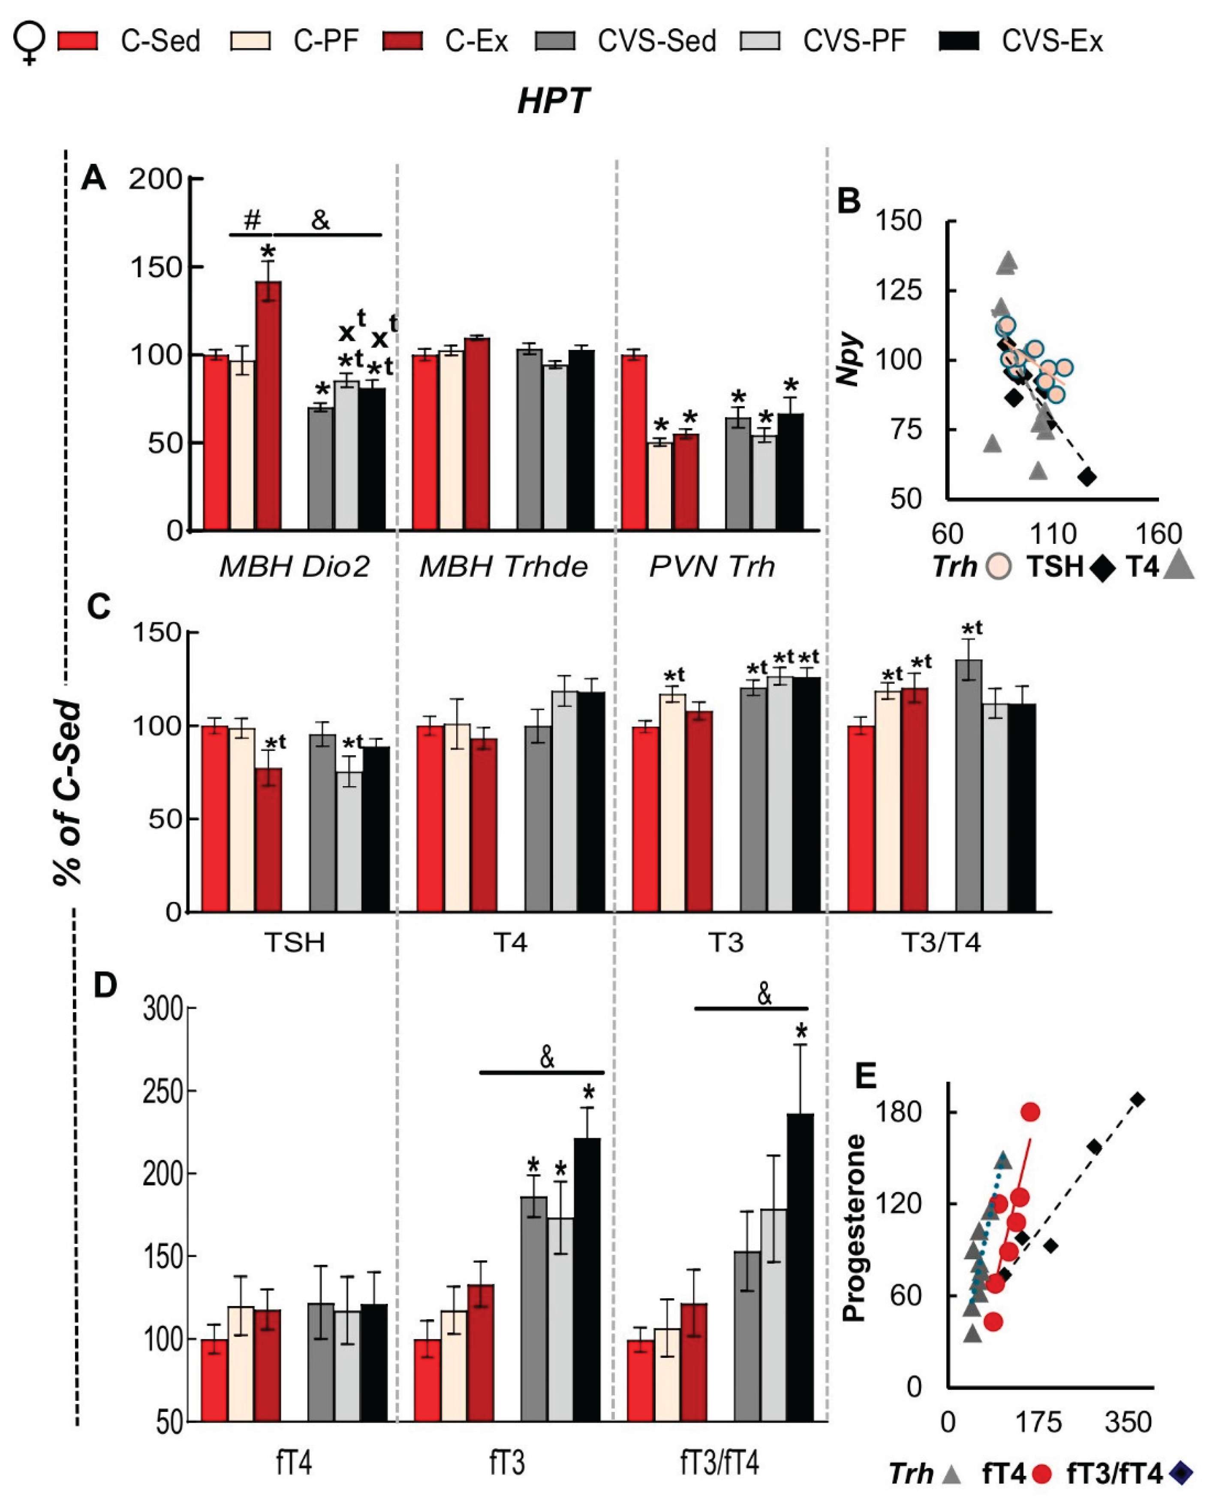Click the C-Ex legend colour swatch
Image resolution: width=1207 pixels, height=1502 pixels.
click(403, 42)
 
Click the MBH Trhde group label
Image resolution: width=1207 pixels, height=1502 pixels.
click(503, 567)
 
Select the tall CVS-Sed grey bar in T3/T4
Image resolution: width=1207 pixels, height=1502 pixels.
click(969, 785)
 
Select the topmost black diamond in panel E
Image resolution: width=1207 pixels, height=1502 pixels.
click(1138, 1099)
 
